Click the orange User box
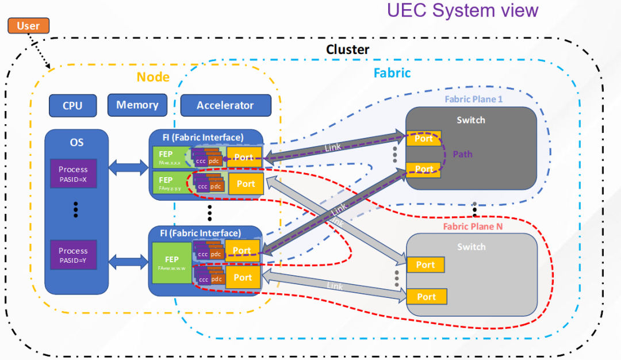pos(28,25)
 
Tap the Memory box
pos(137,105)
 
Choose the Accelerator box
pos(225,105)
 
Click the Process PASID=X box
pos(73,174)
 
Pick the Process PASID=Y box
pos(73,255)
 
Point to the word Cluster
pos(347,49)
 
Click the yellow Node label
pos(153,77)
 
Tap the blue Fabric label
pos(392,73)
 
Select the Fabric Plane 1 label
pos(473,99)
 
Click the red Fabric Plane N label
pos(473,227)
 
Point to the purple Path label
pos(463,154)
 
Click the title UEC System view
pos(462,10)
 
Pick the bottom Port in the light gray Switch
pos(426,297)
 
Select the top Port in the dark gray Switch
pos(424,139)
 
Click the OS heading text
pos(76,141)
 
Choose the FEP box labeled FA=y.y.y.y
pos(170,183)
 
